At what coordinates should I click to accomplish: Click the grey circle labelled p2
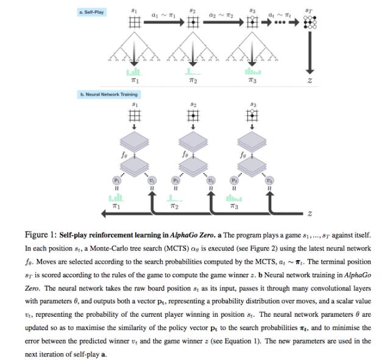coord(174,180)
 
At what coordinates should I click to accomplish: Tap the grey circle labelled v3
coord(269,180)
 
